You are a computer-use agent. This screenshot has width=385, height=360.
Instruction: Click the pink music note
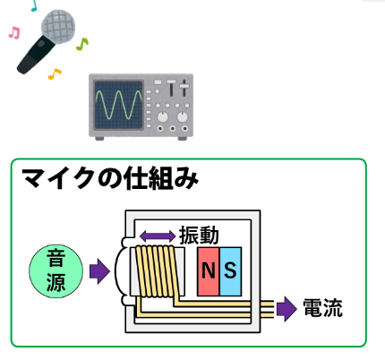[14, 32]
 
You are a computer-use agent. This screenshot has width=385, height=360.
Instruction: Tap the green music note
[82, 44]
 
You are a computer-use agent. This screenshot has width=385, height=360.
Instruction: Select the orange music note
[55, 73]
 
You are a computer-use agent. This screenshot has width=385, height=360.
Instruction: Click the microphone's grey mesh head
[58, 27]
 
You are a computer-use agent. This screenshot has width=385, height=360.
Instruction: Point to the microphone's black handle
[35, 55]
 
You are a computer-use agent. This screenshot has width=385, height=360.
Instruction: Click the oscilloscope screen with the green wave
[118, 105]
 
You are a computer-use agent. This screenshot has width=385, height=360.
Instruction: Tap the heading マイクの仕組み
[110, 178]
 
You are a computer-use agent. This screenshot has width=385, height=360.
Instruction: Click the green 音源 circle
[56, 271]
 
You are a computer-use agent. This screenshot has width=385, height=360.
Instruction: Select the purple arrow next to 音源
[99, 271]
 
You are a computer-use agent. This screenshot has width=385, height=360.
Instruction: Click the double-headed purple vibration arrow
[158, 236]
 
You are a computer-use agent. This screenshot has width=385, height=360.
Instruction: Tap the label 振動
[199, 236]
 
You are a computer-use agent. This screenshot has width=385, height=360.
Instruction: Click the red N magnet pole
[209, 271]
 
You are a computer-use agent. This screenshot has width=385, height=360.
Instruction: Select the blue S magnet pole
[230, 271]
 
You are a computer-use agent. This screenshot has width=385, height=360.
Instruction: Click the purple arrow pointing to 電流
[287, 309]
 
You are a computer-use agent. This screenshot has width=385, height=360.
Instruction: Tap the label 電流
[322, 308]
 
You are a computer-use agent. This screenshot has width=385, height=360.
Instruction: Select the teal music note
[34, 5]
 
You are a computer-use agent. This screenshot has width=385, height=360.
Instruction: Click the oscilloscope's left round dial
[162, 116]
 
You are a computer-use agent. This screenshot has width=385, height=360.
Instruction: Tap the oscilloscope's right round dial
[182, 116]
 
